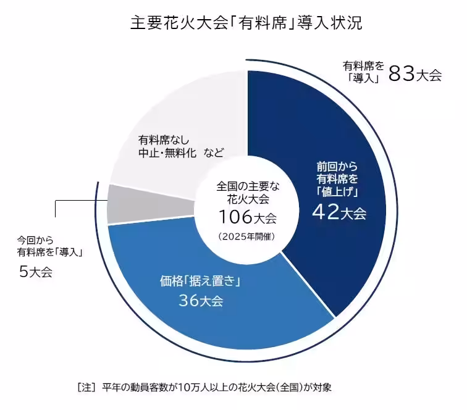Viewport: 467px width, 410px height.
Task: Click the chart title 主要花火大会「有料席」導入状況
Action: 246,23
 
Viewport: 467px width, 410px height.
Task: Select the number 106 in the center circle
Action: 235,217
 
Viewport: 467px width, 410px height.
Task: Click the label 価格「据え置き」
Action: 200,282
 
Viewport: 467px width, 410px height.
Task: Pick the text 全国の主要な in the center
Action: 246,186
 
